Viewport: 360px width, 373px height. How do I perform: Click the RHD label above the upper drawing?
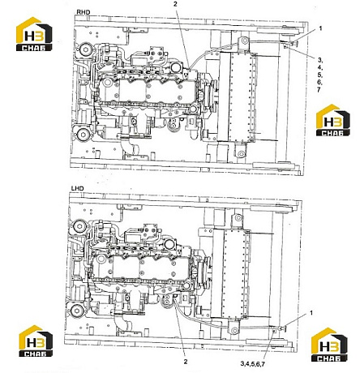coord(83,12)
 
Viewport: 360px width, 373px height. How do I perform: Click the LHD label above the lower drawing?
coord(78,188)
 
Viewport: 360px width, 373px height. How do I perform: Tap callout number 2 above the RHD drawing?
coord(175,3)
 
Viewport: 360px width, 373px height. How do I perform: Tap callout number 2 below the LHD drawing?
coord(186,362)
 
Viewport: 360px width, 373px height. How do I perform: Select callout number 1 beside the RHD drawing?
coord(320,28)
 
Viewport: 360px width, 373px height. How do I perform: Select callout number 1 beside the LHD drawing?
coord(311,313)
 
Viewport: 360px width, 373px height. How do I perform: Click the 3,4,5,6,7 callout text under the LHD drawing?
coord(252,364)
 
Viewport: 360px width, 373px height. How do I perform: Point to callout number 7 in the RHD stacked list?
coord(319,89)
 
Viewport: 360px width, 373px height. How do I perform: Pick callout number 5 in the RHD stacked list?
coord(319,75)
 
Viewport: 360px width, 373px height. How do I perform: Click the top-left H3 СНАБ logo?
coord(34,34)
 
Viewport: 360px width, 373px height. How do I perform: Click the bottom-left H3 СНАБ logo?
coord(36,341)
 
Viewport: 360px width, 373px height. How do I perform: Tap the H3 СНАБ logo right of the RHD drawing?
coord(333,120)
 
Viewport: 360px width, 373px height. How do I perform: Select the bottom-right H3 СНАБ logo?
coord(329,345)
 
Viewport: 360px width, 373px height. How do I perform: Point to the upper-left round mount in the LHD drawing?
coord(79,226)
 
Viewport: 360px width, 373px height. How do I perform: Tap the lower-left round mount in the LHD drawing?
coord(76,311)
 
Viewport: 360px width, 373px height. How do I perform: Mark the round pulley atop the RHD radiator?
coord(245,41)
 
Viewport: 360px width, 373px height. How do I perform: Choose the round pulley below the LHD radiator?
coord(234,330)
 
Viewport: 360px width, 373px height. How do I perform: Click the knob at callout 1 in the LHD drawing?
coord(283,328)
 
